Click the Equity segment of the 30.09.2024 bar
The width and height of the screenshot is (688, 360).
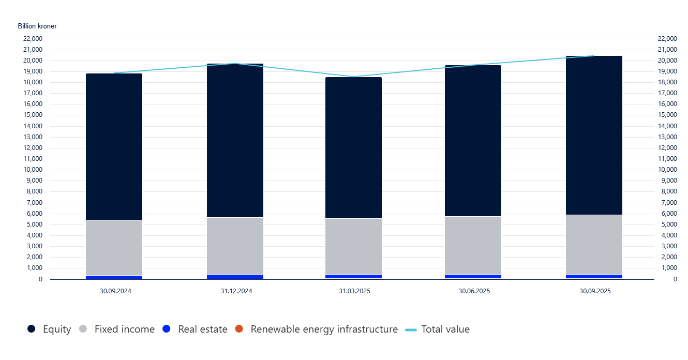point(114,147)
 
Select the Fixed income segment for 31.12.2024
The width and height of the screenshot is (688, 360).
point(235,246)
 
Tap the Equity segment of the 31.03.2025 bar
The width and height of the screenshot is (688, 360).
point(354,148)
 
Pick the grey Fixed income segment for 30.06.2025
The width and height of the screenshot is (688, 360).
point(473,245)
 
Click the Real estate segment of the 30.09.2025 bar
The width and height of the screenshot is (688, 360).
point(594,277)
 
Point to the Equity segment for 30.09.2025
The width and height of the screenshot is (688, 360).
point(594,136)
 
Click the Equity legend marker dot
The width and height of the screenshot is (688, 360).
point(32,329)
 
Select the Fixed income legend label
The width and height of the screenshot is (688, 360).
point(124,329)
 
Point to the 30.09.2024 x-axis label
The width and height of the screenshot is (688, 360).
point(115,291)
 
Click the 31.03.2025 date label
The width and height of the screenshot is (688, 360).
point(354,291)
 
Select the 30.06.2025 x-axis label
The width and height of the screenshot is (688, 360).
point(474,291)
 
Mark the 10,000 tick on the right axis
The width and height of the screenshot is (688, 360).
point(667,170)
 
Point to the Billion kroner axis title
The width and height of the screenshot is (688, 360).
point(37,26)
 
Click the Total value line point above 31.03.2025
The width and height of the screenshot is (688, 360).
point(354,77)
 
